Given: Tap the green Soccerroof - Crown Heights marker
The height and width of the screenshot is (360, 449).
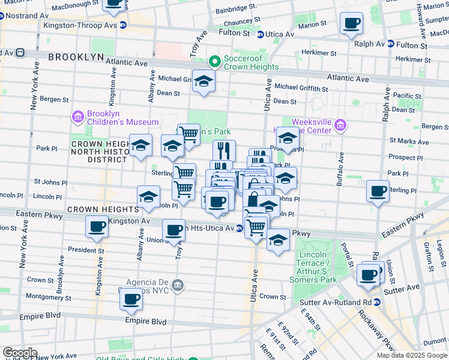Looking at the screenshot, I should click(x=214, y=62).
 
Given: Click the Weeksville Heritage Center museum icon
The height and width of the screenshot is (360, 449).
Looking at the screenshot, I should click(x=340, y=125).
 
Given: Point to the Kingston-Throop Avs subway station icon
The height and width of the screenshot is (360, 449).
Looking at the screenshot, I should click(x=123, y=25).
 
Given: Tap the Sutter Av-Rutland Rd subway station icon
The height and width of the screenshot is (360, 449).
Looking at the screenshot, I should click(x=376, y=302).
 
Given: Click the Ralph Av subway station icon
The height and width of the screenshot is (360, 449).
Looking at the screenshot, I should click(x=390, y=44).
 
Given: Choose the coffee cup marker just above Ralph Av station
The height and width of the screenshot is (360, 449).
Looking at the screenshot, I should click(x=351, y=24).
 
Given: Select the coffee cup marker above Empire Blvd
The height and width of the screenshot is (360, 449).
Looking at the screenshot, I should click(x=131, y=299).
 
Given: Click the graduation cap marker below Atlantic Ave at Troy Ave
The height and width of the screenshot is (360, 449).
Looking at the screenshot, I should click(x=204, y=80).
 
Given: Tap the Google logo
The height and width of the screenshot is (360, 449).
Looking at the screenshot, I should click(x=20, y=352).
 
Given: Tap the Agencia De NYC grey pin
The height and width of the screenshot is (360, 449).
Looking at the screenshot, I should click(x=177, y=284).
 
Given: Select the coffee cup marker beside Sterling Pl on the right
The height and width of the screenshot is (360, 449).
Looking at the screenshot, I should click(x=378, y=191).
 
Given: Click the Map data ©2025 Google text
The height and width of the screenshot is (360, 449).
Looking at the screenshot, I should click(x=411, y=355).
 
